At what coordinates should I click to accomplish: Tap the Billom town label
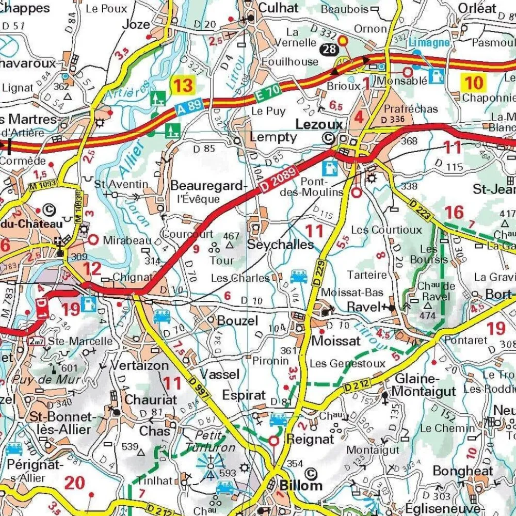(x=301, y=485)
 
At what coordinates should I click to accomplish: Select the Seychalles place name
(x=280, y=244)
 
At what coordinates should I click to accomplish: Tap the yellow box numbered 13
(x=183, y=85)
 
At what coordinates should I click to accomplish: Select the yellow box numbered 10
(x=473, y=83)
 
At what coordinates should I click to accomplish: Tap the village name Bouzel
(x=237, y=320)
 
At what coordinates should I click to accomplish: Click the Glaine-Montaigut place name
(x=425, y=384)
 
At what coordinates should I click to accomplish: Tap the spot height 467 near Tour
(x=232, y=236)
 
